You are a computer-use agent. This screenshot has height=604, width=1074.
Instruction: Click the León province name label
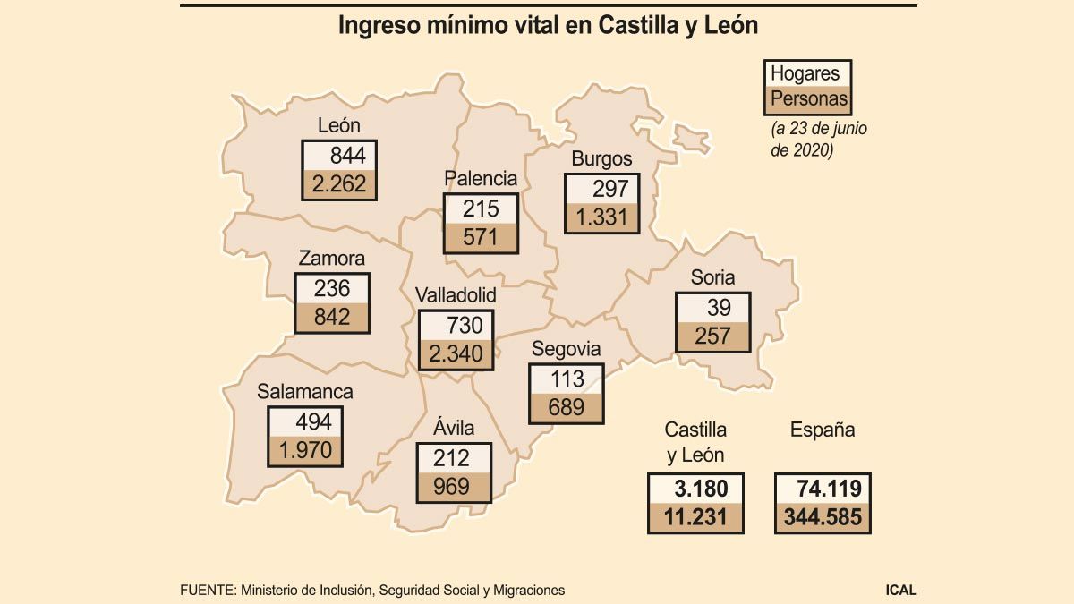[339, 126]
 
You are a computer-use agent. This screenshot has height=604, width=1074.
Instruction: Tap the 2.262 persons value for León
[340, 185]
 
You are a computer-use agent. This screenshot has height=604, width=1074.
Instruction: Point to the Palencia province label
[482, 178]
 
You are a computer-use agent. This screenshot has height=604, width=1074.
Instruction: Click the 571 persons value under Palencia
[480, 238]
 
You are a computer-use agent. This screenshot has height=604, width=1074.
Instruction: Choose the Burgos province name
[601, 159]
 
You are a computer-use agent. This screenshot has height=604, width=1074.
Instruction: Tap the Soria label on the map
[712, 277]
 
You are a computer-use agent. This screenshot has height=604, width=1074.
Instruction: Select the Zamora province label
[331, 259]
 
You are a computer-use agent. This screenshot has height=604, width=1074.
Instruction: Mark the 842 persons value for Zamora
[332, 317]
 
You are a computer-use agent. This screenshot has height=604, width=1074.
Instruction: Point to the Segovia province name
[566, 349]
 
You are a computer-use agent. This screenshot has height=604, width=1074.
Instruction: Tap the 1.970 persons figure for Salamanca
[305, 450]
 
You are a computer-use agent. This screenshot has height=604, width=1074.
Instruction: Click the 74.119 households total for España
[823, 489]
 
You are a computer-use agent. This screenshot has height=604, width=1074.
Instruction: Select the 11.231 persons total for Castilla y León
[696, 517]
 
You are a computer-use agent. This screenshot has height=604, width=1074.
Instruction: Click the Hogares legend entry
[805, 73]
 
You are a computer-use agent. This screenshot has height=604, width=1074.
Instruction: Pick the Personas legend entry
[809, 98]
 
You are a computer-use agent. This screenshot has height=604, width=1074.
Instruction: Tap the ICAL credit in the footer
[900, 590]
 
